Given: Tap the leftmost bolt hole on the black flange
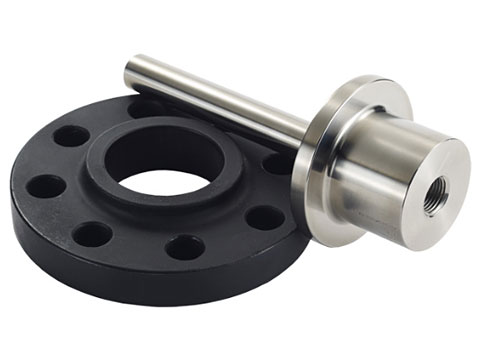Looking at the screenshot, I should tap(44, 186).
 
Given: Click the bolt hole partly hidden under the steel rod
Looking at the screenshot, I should tap(144, 107).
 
